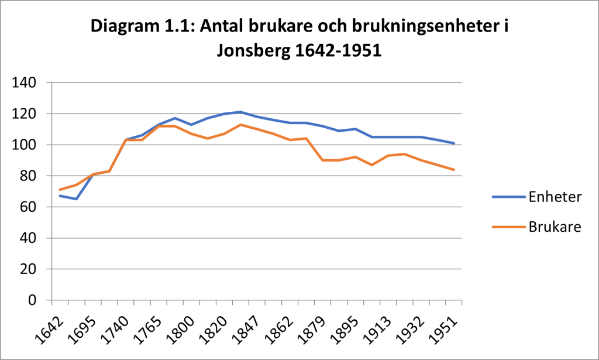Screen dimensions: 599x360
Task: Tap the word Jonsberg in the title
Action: tap(254, 50)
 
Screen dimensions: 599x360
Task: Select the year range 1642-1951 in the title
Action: tap(339, 50)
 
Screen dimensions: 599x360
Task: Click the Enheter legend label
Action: tap(555, 197)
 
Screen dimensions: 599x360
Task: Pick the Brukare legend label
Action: tap(555, 227)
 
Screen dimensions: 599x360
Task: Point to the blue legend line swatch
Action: tap(509, 197)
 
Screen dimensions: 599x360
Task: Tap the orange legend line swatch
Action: tap(509, 227)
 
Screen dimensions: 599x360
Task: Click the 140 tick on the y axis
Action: tap(23, 83)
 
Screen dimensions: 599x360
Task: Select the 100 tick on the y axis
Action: tap(23, 145)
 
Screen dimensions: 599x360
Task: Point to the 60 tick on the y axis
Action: tap(28, 207)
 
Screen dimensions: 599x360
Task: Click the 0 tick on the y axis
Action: tap(32, 300)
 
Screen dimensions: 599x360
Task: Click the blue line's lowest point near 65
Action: tap(77, 199)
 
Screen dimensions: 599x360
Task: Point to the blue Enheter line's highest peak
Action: tap(240, 112)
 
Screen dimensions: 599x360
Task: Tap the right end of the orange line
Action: tap(454, 170)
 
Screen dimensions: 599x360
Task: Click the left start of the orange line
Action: tap(60, 190)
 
